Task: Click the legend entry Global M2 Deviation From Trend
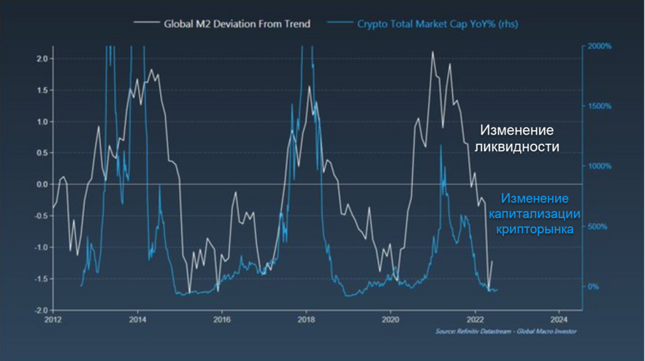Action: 237,24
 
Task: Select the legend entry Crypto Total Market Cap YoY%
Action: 438,24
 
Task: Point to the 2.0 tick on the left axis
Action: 43,59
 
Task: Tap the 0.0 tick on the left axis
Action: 43,184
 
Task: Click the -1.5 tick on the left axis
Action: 41,279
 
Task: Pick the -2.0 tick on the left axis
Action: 41,311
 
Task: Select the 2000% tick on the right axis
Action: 599,46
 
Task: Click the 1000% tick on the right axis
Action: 599,167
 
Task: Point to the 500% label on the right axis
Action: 598,227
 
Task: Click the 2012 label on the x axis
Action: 53,319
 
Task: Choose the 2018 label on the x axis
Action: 306,319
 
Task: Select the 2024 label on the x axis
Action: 559,319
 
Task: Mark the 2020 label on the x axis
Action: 390,319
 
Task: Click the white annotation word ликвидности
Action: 516,147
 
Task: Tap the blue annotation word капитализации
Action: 535,214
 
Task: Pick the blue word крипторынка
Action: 535,229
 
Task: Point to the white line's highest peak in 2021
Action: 432,52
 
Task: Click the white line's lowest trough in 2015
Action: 189,292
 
